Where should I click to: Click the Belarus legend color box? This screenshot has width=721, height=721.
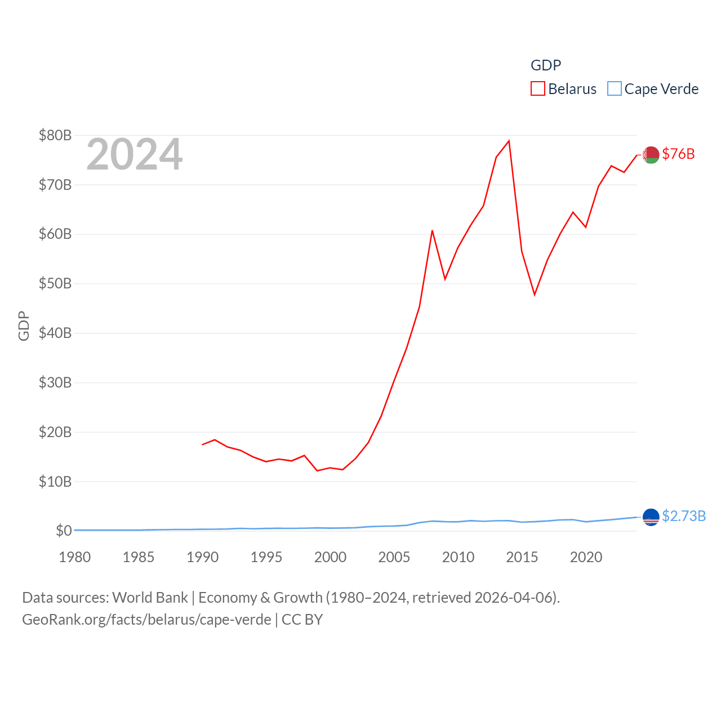point(538,89)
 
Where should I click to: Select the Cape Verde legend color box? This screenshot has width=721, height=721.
point(615,89)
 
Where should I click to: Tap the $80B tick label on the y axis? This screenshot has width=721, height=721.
point(55,135)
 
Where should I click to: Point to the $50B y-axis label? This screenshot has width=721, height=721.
point(55,283)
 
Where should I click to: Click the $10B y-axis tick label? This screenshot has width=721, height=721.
point(55,482)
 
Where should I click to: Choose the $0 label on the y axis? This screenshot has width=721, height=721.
point(64,531)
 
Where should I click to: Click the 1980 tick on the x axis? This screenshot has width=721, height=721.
point(75,557)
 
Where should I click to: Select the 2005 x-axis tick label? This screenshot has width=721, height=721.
point(394,557)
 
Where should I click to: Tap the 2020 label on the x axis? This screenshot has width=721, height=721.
point(586,557)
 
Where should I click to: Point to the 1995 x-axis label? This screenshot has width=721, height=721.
point(266,557)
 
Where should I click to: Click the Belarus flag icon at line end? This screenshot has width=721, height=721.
point(651,154)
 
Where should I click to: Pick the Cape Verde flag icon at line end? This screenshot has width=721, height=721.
point(651,517)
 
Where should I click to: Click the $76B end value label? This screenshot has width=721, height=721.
point(678,154)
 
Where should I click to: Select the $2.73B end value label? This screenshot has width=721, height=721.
point(684,516)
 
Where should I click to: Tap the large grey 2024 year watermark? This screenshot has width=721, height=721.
point(135,154)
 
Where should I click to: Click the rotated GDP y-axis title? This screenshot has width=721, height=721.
point(24,326)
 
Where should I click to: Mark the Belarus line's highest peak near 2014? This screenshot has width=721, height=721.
point(509,141)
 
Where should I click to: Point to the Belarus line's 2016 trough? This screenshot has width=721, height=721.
point(535,295)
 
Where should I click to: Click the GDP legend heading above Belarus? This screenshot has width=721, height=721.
point(546,65)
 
